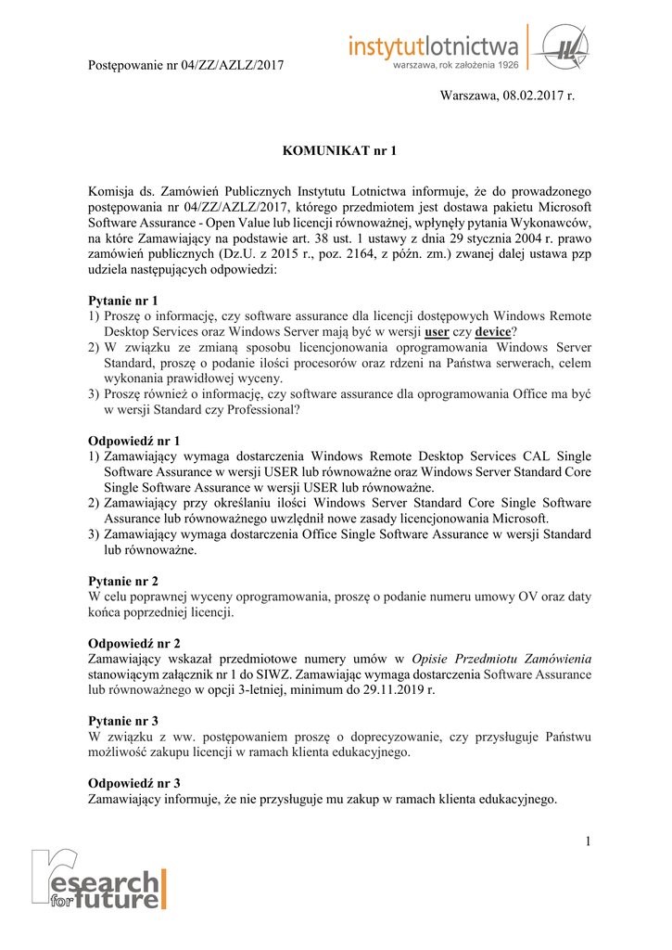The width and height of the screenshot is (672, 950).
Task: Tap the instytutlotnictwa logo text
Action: tap(433, 45)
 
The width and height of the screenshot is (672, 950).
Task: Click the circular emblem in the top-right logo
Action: tap(559, 45)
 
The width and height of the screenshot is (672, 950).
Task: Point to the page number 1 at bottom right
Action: tap(588, 841)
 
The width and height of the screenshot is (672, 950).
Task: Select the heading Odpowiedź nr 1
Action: tap(133, 441)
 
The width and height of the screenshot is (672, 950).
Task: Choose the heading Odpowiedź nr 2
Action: tap(133, 643)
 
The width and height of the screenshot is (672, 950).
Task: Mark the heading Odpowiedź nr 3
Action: tap(133, 783)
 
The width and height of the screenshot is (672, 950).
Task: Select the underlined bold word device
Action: tap(493, 331)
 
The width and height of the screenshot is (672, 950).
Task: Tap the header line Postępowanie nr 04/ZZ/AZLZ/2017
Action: tap(184, 65)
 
